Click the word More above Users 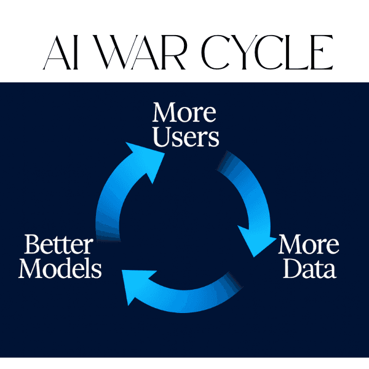tap(184, 113)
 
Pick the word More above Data tap(309, 245)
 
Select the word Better tap(58, 245)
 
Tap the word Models tap(60, 269)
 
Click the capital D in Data tap(289, 269)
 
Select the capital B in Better tap(31, 245)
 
